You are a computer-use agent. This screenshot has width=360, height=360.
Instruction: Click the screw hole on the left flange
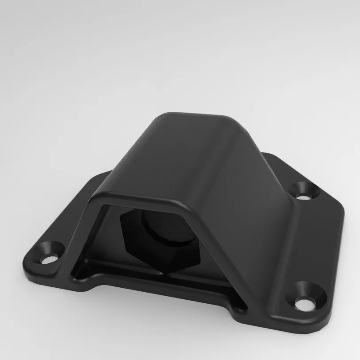pyautogui.click(x=50, y=254)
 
